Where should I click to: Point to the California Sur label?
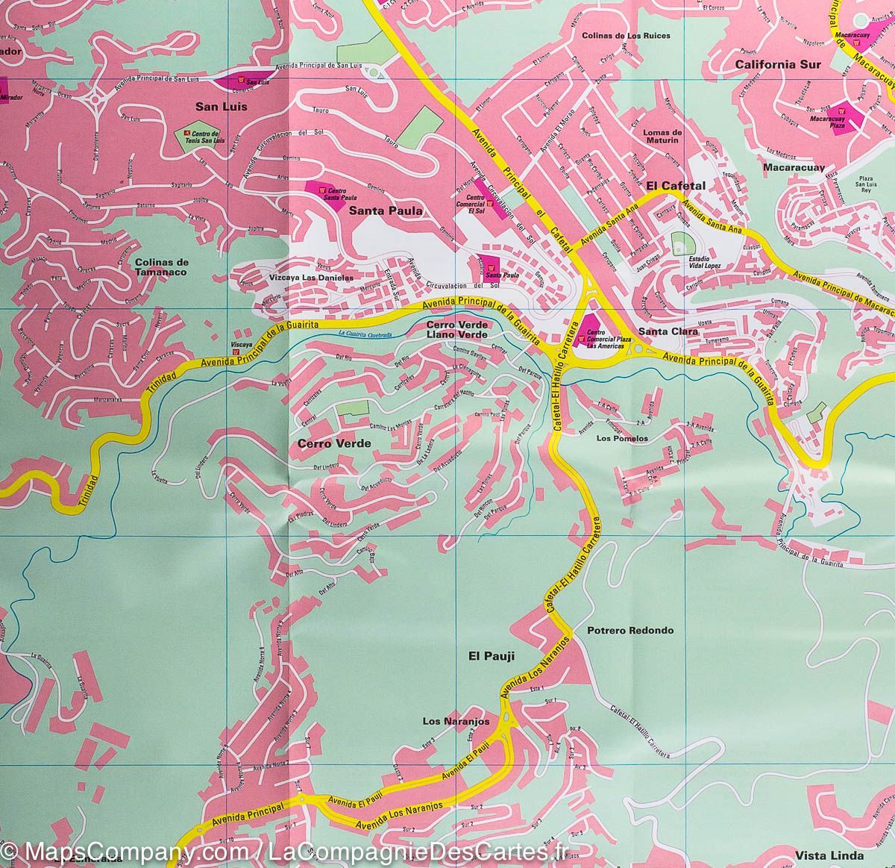pyautogui.click(x=777, y=64)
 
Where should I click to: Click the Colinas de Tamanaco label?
pyautogui.click(x=163, y=268)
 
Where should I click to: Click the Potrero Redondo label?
pyautogui.click(x=630, y=630)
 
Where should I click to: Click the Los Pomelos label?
pyautogui.click(x=622, y=439)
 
